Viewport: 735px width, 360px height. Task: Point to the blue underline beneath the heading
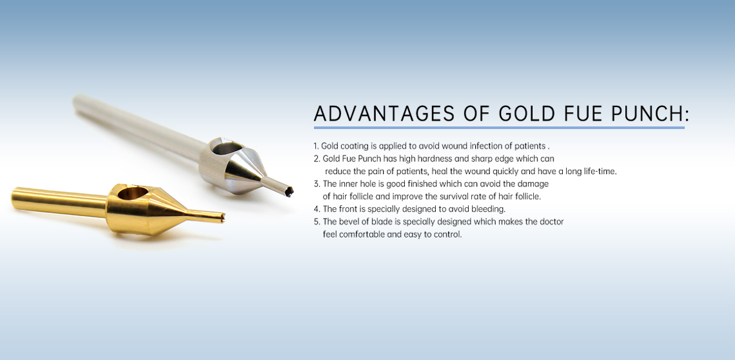point(499,127)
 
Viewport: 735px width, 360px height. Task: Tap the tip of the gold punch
point(222,217)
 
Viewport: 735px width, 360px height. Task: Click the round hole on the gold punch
point(130,193)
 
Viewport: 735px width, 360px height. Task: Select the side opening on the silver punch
point(225,150)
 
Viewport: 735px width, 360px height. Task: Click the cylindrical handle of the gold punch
point(59,201)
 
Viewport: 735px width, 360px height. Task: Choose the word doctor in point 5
point(551,221)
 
